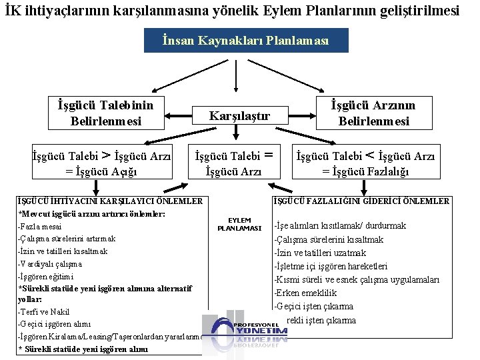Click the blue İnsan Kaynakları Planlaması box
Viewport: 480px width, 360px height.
(246, 41)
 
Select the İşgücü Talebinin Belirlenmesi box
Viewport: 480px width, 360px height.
(105, 113)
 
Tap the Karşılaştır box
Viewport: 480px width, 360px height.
(240, 115)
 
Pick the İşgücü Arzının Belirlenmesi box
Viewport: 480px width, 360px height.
(373, 113)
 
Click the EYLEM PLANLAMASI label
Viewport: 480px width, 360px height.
(239, 224)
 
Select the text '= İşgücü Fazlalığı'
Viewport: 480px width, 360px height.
(365, 172)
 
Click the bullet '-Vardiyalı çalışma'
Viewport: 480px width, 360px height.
(50, 263)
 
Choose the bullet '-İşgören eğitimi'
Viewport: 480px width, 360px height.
(46, 276)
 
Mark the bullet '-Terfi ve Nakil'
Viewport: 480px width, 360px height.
(45, 312)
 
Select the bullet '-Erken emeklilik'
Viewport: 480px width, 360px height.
(305, 293)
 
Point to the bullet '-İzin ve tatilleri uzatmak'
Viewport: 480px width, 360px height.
(320, 253)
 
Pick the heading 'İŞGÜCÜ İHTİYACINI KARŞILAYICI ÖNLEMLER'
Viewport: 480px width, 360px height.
(109, 201)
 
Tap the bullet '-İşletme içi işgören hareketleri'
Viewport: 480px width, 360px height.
(331, 266)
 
